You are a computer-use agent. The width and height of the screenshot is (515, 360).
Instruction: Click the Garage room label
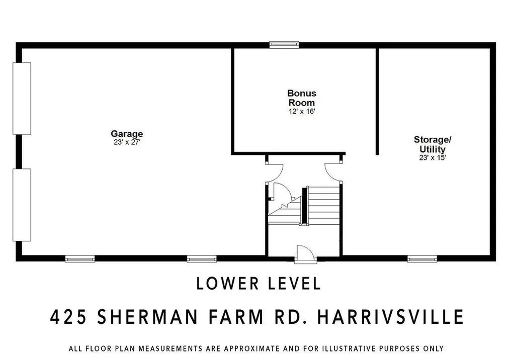click(x=127, y=134)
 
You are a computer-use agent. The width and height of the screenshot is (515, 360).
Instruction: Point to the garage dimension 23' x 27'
click(x=127, y=142)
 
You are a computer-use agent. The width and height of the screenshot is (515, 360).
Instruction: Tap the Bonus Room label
click(x=302, y=98)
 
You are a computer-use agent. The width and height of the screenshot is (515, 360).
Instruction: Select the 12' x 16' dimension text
click(x=302, y=111)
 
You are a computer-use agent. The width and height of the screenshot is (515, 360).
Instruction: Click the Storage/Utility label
click(x=432, y=144)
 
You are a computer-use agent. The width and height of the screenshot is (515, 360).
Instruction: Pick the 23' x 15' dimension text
click(x=432, y=157)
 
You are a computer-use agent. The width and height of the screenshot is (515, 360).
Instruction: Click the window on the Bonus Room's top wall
click(x=284, y=44)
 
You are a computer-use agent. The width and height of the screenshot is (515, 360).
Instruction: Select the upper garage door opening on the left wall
click(x=22, y=99)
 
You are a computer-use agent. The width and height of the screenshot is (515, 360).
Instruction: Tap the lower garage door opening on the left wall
click(x=22, y=205)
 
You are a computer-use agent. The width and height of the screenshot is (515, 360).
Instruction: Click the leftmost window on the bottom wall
click(x=80, y=259)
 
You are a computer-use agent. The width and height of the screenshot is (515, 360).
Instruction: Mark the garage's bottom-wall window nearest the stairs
click(x=202, y=259)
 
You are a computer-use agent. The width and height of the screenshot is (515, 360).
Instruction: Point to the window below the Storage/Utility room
click(x=422, y=259)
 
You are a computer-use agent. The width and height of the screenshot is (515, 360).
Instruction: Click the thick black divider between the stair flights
click(x=304, y=207)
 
